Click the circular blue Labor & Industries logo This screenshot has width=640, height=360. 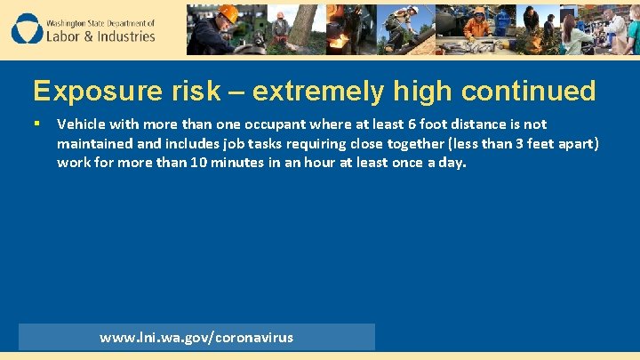click(x=27, y=28)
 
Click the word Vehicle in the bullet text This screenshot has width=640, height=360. click(x=81, y=124)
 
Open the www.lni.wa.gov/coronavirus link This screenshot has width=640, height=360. click(x=196, y=337)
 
